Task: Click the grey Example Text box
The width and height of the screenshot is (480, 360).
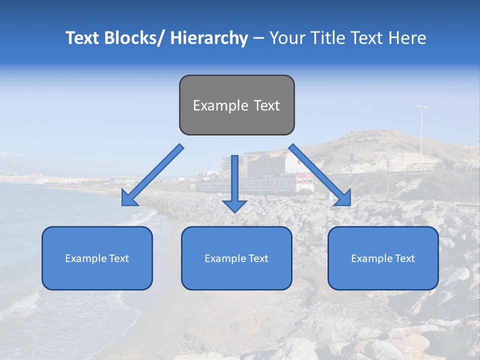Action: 236,105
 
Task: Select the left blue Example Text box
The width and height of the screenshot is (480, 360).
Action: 97,258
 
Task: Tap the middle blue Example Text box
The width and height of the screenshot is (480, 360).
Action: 236,258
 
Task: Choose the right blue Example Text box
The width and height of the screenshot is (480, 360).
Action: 383,258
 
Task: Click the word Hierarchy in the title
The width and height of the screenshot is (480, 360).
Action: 209,38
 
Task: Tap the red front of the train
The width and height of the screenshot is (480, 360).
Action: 303,182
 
